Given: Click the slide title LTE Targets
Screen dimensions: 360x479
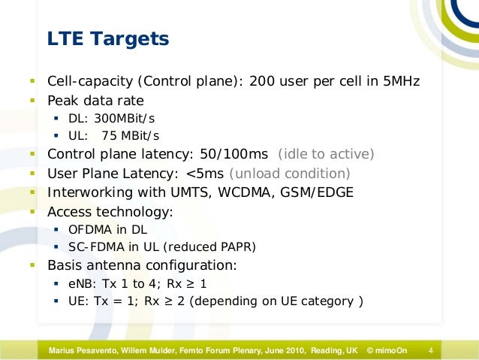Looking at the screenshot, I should pyautogui.click(x=108, y=38).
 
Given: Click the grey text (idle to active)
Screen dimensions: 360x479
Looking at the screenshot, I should pyautogui.click(x=326, y=154).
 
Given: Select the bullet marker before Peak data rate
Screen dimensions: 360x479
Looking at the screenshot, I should pyautogui.click(x=33, y=100).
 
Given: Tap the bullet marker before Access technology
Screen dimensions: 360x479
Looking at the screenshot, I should pyautogui.click(x=33, y=212).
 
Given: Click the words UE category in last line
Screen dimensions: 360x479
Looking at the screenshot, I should pyautogui.click(x=324, y=302).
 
